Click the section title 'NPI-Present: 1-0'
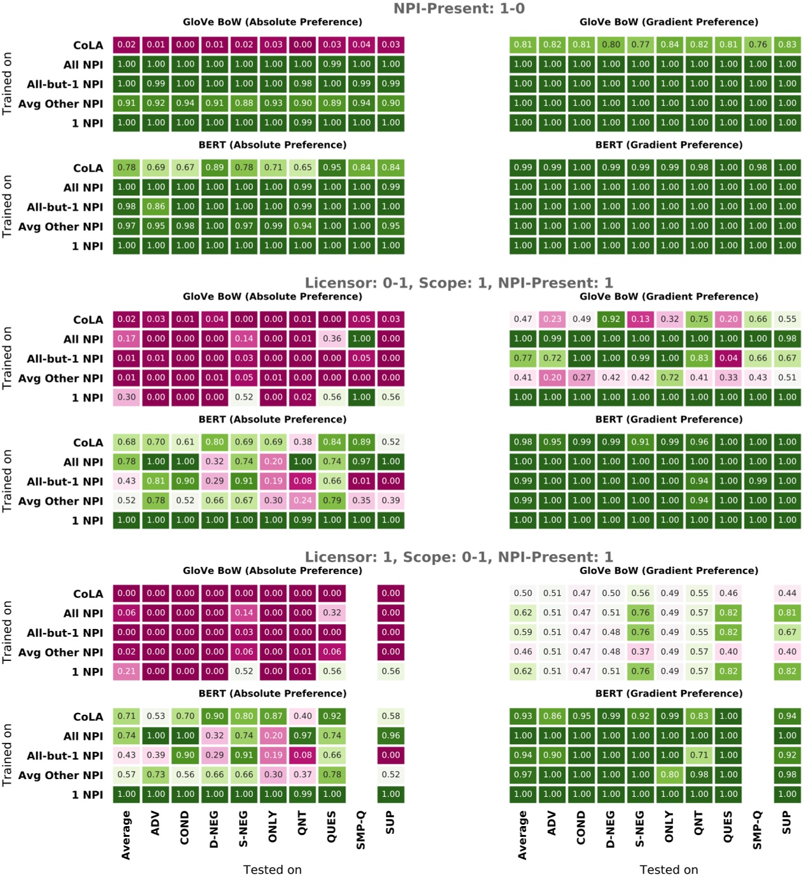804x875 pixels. tap(458, 8)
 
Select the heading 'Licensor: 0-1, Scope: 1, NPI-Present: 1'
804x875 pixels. tap(458, 283)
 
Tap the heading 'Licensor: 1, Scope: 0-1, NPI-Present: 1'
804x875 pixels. tap(458, 557)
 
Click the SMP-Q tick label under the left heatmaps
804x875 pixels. tap(360, 830)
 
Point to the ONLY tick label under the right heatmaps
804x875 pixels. tap(669, 826)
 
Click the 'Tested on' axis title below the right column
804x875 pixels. tap(668, 869)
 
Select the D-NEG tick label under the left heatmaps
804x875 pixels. tap(214, 829)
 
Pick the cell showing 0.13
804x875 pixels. tap(640, 319)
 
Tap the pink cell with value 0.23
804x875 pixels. tap(552, 319)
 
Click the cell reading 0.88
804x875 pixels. tap(244, 103)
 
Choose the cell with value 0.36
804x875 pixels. tap(332, 339)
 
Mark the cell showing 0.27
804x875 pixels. tap(582, 377)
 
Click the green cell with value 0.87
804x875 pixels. tap(273, 716)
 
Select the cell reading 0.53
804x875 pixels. tap(156, 716)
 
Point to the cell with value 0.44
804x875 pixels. tap(787, 593)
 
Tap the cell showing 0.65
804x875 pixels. tap(303, 168)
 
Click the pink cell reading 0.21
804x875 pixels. tap(126, 671)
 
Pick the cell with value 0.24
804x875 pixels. tap(303, 500)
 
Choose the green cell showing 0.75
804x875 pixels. tap(699, 319)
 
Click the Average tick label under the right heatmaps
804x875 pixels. tap(522, 835)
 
